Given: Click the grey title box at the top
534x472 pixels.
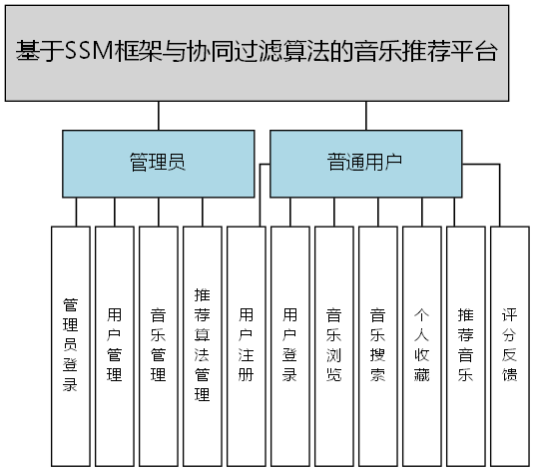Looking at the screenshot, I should coord(267,52).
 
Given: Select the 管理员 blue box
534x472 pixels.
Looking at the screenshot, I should coord(157,163).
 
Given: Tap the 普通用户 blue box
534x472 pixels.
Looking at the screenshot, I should coord(365,163).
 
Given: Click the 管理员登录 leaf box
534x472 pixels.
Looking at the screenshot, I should coord(70,345).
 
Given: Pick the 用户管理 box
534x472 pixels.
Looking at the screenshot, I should coord(114,345).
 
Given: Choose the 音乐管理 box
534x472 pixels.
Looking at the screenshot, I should coord(158,345).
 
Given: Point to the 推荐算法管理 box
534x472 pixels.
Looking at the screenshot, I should coord(202,345).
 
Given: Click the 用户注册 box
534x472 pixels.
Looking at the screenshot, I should coord(246,345).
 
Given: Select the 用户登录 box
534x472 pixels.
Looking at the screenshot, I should coord(289,345).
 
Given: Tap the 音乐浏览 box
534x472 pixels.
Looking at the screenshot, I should coord(333,345).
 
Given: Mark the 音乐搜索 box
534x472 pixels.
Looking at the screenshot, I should coord(377,345).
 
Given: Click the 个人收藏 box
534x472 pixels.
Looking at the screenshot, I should coord(421,345).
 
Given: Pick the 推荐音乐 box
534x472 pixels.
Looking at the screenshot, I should coord(465,345).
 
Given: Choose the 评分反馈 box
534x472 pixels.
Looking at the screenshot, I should coord(509,345).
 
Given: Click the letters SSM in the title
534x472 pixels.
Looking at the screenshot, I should coord(82,52).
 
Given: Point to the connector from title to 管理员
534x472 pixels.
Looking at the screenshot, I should coord(157,115).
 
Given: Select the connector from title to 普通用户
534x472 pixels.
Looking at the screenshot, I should coord(365,115).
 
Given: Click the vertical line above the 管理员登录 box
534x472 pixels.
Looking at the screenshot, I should coord(71,212).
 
